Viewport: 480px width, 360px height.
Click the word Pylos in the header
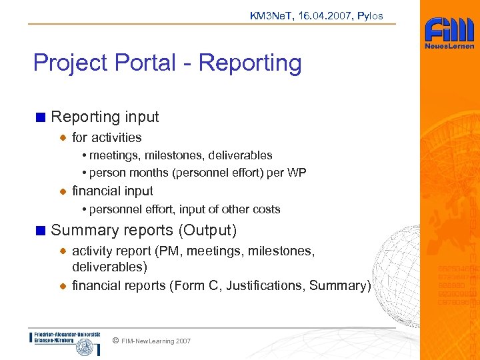[x=370, y=16]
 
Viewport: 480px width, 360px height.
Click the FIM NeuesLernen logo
[x=449, y=33]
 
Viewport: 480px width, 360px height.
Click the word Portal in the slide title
[x=150, y=63]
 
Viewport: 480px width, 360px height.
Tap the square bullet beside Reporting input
[x=41, y=117]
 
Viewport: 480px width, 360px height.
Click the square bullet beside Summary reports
[x=41, y=231]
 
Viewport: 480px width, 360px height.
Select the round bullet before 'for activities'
[x=63, y=138]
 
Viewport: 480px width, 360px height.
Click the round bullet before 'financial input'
[x=63, y=191]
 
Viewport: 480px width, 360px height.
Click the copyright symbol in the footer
[x=115, y=341]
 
